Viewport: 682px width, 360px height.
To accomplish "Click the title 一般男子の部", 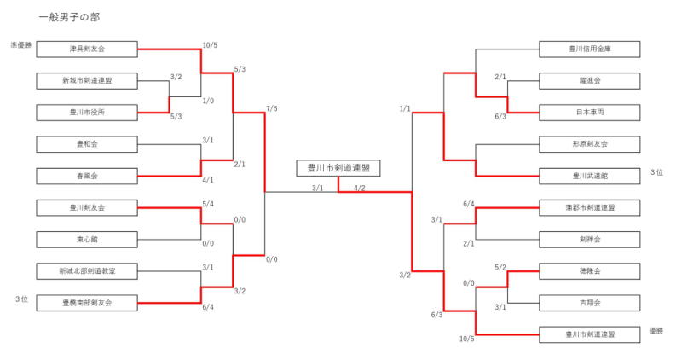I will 69,17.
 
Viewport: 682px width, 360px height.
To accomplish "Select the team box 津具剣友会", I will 87,49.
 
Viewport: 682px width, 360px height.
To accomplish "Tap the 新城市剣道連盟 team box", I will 87,81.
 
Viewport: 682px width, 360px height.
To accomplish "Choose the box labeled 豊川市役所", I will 87,112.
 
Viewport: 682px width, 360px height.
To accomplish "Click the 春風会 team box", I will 87,176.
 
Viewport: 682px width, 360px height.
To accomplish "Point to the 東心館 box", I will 87,239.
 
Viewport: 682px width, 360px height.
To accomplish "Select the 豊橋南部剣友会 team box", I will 87,302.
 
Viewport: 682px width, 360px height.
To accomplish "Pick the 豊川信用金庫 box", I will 590,49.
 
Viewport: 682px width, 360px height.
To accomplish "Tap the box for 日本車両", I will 590,112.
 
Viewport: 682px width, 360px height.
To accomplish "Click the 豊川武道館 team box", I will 590,176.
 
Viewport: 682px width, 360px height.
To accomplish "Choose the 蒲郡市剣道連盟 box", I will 590,207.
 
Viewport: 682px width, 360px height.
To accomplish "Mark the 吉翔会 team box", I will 590,302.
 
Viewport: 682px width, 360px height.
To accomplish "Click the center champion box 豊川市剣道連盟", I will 338,168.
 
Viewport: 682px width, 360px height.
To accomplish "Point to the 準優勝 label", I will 21,44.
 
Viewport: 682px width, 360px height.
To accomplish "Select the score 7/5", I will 272,108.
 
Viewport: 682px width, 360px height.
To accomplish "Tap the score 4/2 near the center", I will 360,189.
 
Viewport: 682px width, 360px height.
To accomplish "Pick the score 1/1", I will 405,108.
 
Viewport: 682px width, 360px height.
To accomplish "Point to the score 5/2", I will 501,268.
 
